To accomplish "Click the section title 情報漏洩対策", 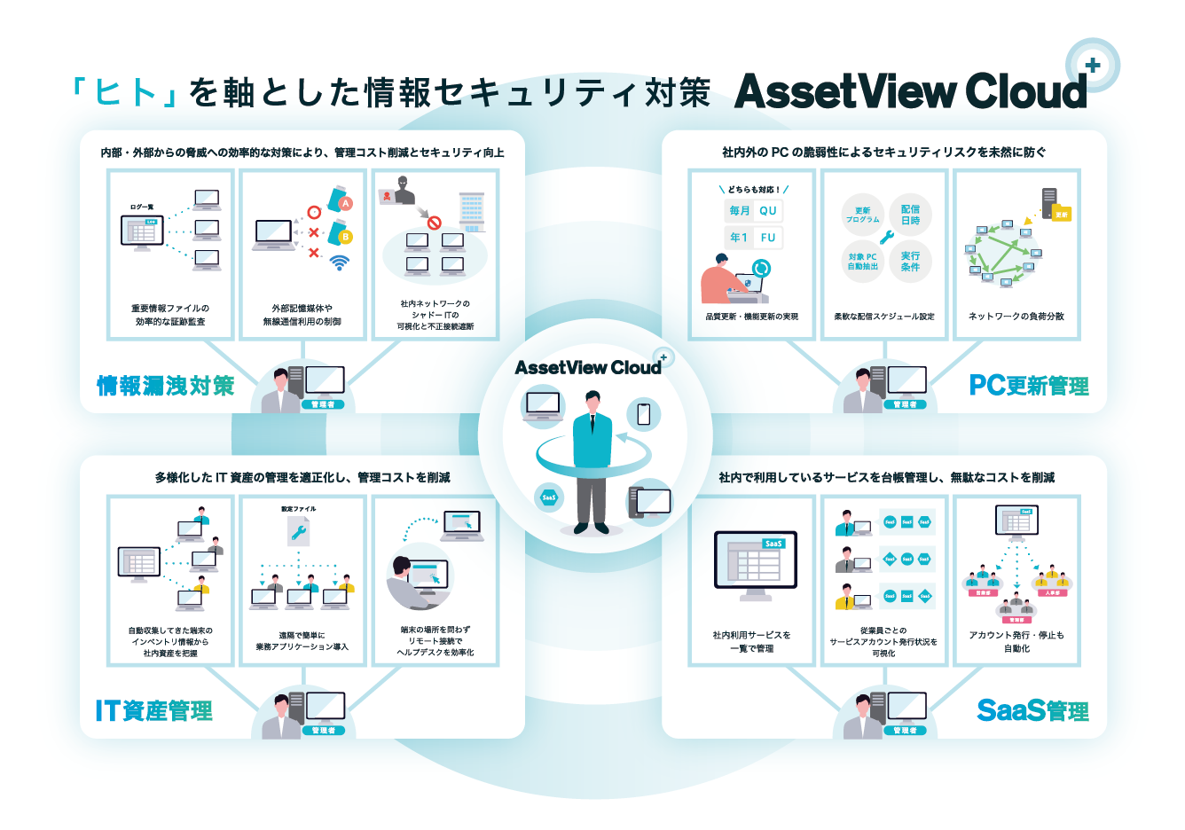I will point(166,386).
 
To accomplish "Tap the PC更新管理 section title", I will point(1028,386).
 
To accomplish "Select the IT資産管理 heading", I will point(154,711).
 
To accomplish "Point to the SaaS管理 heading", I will point(1032,711).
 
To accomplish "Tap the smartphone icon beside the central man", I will point(644,413).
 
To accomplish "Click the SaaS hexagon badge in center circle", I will point(549,497).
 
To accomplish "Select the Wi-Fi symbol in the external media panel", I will point(339,262).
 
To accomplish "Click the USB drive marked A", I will point(341,200).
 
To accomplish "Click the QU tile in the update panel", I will point(768,211).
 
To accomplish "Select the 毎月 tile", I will point(739,211).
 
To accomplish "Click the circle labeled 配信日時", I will point(910,215).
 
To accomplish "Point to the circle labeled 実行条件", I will point(910,261).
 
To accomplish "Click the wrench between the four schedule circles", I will point(887,238).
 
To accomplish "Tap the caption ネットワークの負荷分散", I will point(1016,317).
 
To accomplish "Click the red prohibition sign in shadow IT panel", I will point(434,223).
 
